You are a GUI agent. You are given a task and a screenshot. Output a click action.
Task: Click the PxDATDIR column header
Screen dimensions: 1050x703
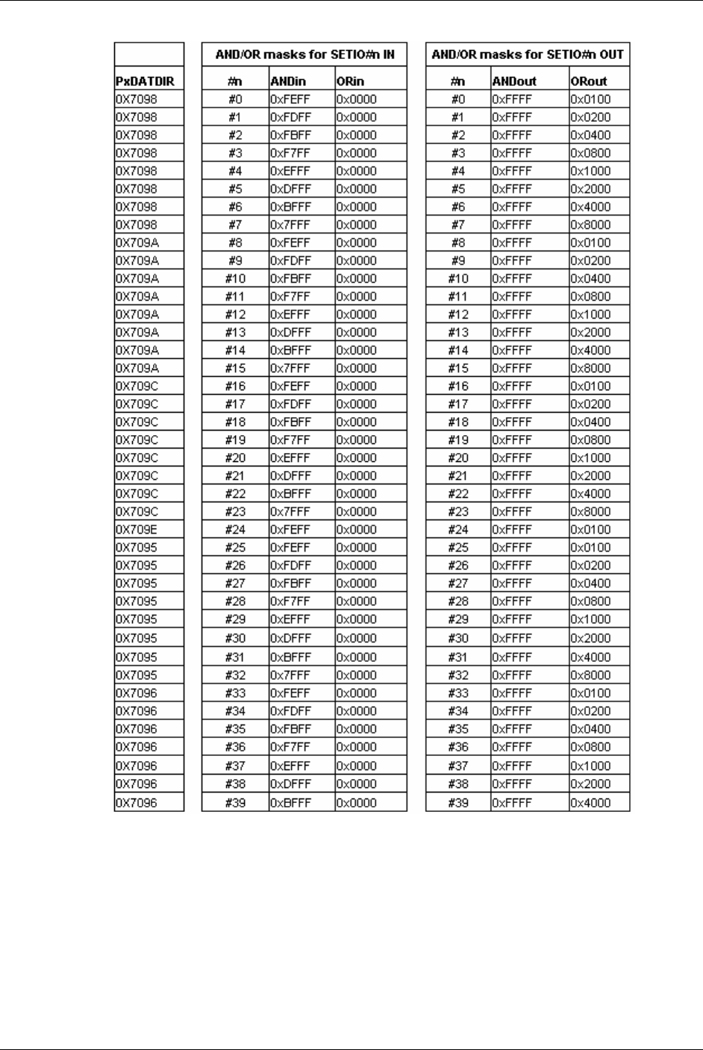pos(145,81)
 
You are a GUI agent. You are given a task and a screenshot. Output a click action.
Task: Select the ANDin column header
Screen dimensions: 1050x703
pos(288,81)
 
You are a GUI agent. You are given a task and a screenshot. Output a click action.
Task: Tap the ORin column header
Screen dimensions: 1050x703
pos(350,81)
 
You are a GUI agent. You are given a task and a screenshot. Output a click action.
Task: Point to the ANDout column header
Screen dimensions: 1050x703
pos(514,81)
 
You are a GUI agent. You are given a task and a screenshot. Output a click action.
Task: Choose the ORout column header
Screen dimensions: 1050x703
pos(589,81)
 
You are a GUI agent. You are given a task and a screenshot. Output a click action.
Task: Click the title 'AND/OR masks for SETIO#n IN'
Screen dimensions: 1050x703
pos(304,54)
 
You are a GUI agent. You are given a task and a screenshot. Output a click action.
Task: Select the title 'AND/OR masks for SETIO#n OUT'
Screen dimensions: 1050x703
pos(528,54)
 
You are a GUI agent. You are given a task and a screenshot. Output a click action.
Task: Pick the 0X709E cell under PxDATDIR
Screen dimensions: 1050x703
pos(137,530)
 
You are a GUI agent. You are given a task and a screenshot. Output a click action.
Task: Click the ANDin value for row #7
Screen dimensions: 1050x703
pos(290,225)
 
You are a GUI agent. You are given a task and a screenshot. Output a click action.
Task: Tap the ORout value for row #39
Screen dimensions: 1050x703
pos(590,803)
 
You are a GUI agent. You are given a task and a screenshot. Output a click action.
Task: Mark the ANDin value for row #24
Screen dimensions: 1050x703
pos(290,530)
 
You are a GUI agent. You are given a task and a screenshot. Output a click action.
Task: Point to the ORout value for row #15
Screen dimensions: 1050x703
pos(590,368)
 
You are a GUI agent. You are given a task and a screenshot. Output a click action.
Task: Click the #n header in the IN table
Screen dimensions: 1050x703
pos(234,81)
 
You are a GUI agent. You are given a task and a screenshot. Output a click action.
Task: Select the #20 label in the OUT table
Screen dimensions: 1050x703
pos(458,458)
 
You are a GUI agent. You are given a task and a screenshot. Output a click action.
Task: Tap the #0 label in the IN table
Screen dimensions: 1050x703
pos(234,99)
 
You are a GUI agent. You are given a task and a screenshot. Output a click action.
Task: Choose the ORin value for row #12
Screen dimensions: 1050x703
pos(357,314)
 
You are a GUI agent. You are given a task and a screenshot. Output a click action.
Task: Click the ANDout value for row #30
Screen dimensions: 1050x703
pos(512,638)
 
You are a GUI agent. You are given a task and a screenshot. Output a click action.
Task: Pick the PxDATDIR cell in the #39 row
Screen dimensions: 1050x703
pos(137,803)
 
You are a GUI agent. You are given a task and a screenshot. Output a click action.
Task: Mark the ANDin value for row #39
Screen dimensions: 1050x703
pos(290,803)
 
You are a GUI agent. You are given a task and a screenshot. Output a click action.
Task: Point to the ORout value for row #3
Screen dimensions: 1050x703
pos(590,153)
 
